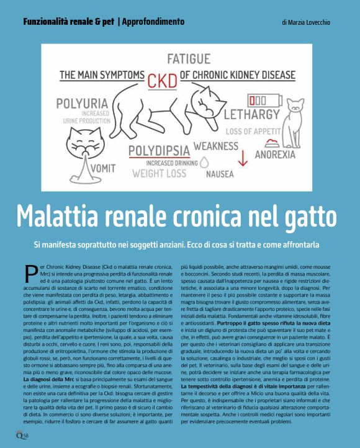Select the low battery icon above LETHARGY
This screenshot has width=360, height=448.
tap(260, 100)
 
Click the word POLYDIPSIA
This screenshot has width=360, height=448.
tap(158, 151)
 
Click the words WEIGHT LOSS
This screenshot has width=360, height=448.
tap(159, 174)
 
